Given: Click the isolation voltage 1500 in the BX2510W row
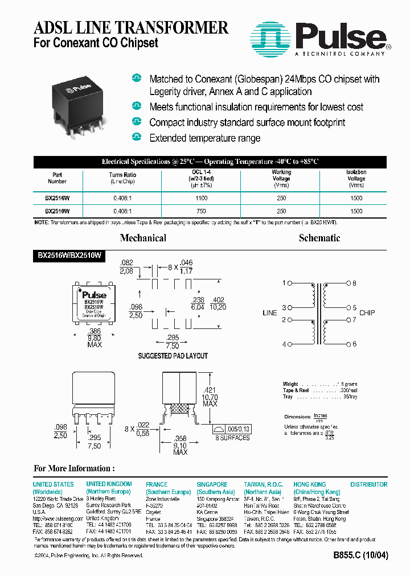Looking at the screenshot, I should point(356,211).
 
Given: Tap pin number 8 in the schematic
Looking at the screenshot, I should point(354,283).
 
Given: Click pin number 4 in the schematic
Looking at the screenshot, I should point(284,344).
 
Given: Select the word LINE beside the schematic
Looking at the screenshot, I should point(269,313).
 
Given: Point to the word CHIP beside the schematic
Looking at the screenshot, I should point(367,313).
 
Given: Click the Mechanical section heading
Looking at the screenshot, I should point(143,238).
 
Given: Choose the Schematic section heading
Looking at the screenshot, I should point(319,238).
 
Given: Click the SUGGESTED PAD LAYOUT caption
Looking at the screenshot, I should point(173,356).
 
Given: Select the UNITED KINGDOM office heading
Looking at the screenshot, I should point(109,484).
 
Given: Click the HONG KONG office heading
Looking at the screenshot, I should point(309,484).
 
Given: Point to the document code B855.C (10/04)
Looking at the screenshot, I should point(360,556).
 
